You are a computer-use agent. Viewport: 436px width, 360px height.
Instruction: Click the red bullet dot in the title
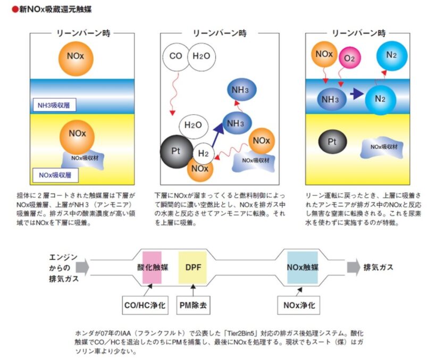15,10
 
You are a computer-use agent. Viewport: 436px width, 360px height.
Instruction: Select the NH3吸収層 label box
54,105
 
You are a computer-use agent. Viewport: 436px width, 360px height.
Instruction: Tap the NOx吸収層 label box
55,175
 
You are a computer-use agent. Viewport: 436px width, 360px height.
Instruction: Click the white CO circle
176,56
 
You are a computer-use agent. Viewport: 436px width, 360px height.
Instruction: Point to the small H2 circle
203,153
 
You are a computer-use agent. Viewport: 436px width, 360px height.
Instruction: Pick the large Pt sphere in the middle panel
177,152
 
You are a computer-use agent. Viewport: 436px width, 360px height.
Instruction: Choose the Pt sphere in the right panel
332,142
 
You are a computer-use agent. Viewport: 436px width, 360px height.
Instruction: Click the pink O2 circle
350,58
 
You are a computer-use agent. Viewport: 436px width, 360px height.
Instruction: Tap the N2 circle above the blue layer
392,56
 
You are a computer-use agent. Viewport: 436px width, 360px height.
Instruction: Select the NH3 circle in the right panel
331,99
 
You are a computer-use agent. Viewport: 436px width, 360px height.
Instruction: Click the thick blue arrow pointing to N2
357,94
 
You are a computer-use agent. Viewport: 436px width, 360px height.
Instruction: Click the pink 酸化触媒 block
152,267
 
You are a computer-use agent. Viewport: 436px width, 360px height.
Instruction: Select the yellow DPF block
192,267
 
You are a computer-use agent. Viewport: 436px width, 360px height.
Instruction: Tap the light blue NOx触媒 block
303,267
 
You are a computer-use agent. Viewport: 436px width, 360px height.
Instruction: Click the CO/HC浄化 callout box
145,305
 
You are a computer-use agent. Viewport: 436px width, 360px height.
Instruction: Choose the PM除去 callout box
193,305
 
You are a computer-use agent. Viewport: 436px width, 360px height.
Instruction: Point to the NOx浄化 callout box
299,305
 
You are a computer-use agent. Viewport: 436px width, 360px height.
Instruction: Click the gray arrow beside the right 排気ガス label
354,267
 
